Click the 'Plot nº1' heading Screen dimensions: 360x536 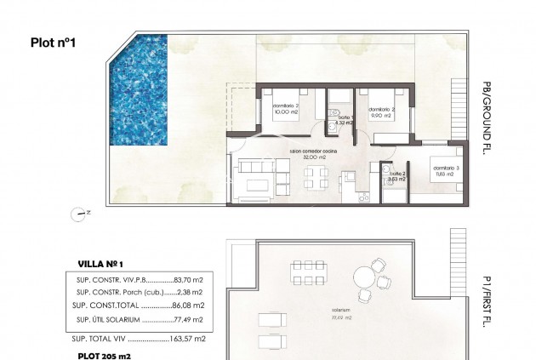click(54, 43)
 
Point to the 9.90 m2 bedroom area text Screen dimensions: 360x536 click(380, 116)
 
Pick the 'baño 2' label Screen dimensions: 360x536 click(396, 174)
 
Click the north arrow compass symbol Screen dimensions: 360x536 click(79, 212)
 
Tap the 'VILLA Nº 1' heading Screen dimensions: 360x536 click(100, 264)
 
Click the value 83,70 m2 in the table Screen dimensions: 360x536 click(189, 278)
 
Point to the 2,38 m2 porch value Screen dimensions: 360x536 click(191, 291)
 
